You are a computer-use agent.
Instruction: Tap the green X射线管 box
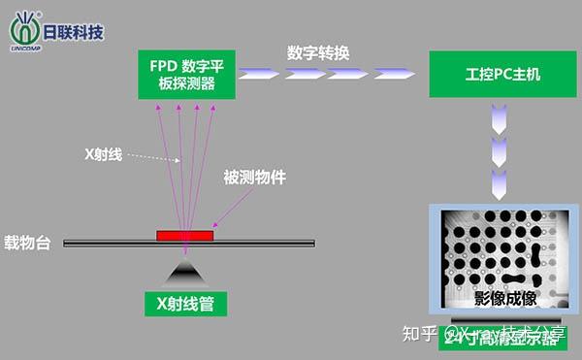coord(185,304)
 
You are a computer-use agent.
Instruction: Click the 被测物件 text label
coord(255,178)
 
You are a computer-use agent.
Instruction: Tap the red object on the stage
coord(185,235)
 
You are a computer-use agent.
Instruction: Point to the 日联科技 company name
coord(73,30)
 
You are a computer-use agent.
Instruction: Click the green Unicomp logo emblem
coord(23,26)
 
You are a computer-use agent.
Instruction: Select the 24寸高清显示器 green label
coord(499,337)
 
